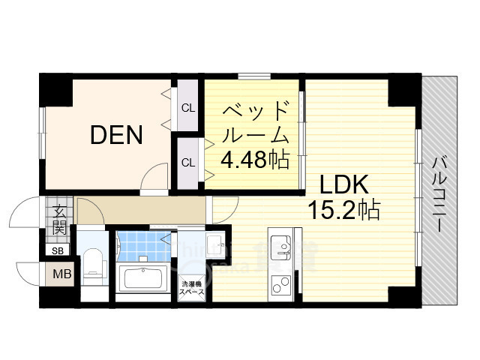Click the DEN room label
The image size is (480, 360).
[x=116, y=135]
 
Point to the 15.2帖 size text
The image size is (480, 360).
[x=344, y=209]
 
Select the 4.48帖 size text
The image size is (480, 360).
[x=254, y=160]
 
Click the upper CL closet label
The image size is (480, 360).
[x=188, y=107]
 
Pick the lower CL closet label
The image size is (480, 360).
[x=188, y=162]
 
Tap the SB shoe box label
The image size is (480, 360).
[x=58, y=251]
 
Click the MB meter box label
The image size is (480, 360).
[x=60, y=274]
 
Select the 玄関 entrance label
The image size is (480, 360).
[x=59, y=218]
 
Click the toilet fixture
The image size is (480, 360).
[x=94, y=262]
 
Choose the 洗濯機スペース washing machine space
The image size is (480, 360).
[x=191, y=289]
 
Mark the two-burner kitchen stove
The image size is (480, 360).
[x=281, y=284]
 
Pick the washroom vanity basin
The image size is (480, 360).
[x=212, y=244]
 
